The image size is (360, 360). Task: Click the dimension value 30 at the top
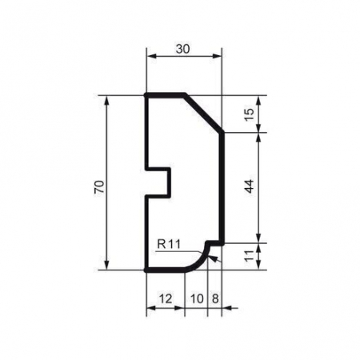tap(183, 49)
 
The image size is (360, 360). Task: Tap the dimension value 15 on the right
tap(249, 114)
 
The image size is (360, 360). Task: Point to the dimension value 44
tap(249, 186)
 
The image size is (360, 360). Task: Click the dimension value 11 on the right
tap(249, 256)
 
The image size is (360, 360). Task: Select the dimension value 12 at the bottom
tap(165, 298)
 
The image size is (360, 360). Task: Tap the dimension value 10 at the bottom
tap(196, 298)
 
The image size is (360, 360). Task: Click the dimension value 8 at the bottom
tap(214, 298)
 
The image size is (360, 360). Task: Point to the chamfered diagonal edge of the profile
tap(204, 114)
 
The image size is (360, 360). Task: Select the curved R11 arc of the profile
tap(200, 262)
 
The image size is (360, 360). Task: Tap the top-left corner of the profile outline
tap(146, 95)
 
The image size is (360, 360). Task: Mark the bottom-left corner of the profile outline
tap(146, 270)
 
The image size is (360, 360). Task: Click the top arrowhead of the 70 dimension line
tap(106, 100)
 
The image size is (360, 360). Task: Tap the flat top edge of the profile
tap(166, 95)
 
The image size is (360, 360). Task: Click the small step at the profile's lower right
tap(214, 242)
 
